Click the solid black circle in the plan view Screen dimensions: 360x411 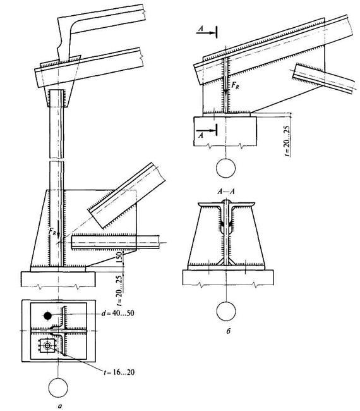[x=47, y=316]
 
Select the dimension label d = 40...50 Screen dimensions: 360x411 [x=118, y=313]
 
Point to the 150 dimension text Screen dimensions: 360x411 [x=119, y=257]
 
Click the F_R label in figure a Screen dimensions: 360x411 [x=52, y=231]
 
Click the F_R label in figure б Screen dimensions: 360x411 [x=235, y=85]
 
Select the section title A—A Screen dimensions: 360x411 [x=226, y=192]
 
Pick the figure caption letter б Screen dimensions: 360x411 [x=228, y=331]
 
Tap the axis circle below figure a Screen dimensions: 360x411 [x=58, y=388]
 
